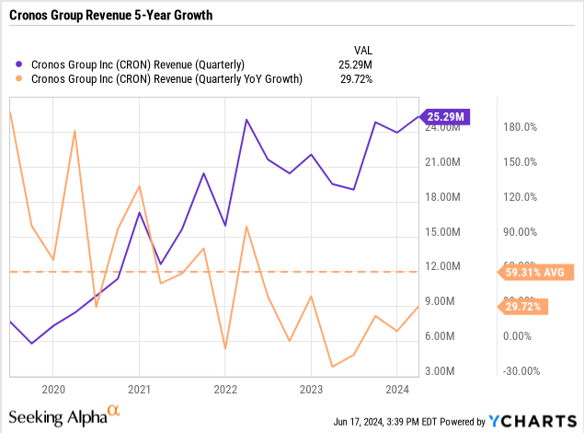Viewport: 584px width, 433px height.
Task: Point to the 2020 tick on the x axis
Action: coord(52,390)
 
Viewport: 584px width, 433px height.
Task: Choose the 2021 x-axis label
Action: coord(139,390)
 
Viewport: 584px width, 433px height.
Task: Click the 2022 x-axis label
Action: coord(225,390)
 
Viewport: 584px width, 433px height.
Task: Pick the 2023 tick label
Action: coord(311,390)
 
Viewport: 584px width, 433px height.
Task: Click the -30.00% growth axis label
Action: coord(520,371)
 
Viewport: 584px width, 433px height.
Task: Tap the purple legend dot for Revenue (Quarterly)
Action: coord(20,64)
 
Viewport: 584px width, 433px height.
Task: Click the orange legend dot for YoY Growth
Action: coord(20,80)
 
